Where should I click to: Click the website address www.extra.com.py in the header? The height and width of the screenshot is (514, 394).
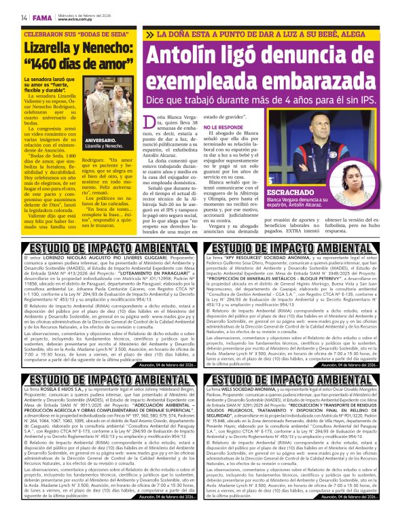coord(77,19)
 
